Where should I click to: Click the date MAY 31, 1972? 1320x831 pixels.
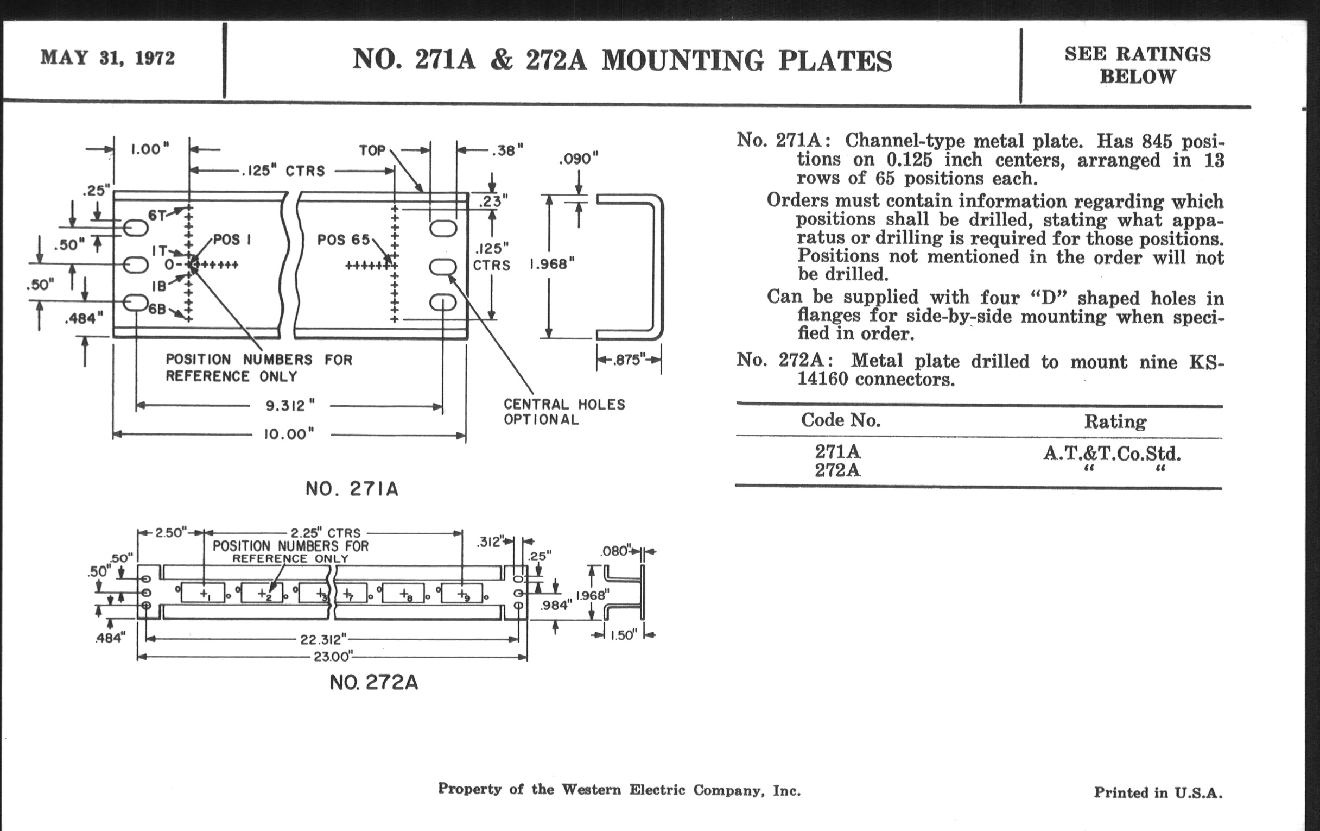point(107,58)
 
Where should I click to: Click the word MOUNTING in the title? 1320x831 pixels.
point(682,60)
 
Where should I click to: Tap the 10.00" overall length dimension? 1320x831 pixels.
point(289,435)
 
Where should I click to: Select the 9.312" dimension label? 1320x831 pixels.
point(290,406)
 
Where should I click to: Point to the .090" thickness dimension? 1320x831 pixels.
point(579,159)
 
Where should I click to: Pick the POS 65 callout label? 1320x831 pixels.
point(343,240)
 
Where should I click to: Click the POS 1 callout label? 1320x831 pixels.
point(232,240)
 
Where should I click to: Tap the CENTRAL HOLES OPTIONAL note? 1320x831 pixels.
point(564,412)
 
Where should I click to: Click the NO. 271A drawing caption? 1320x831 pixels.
point(352,489)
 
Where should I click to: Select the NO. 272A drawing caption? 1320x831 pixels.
point(374,682)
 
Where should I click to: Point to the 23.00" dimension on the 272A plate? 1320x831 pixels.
point(333,656)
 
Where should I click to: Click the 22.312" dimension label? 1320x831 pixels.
point(323,639)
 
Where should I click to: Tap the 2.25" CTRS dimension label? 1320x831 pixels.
point(326,533)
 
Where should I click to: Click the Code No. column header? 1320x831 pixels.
point(840,420)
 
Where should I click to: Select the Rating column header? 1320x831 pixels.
point(1115,421)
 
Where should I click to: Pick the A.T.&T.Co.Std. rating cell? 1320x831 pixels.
point(1112,454)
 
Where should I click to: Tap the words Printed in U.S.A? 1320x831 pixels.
point(1158,792)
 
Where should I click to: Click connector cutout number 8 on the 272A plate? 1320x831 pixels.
point(404,594)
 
